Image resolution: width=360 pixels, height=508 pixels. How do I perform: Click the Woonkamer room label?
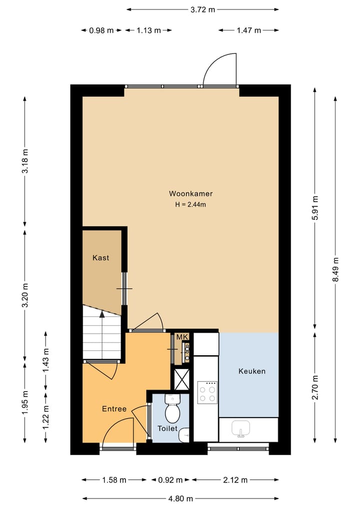click(x=190, y=194)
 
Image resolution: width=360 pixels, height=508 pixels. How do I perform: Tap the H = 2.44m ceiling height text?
click(x=190, y=204)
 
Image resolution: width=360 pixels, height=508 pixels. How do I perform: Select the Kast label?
click(x=101, y=258)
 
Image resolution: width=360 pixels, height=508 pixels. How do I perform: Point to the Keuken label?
click(x=252, y=371)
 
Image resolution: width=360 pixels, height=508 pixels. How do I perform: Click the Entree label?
click(x=114, y=409)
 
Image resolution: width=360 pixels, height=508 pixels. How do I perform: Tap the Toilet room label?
click(x=167, y=429)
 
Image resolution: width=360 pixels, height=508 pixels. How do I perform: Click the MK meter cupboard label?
click(x=182, y=337)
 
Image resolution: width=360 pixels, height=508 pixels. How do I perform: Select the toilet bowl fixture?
click(x=172, y=409)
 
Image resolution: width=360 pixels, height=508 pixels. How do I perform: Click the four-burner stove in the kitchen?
click(x=207, y=392)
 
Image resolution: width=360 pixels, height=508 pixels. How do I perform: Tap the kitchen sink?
click(x=240, y=429)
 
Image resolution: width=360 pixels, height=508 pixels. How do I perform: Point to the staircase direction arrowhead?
click(x=102, y=314)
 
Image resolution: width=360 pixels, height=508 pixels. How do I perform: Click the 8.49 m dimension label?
click(x=335, y=269)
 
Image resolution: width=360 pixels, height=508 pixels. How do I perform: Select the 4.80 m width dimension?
click(x=180, y=499)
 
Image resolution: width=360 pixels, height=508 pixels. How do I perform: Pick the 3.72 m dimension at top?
click(x=202, y=9)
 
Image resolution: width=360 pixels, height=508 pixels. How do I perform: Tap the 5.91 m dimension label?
click(x=315, y=208)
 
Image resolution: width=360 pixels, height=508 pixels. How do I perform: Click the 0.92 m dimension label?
click(x=170, y=480)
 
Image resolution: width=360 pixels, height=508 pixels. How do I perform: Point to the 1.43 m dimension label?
click(x=46, y=360)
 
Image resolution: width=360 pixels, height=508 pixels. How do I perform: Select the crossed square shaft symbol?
click(x=181, y=379)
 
